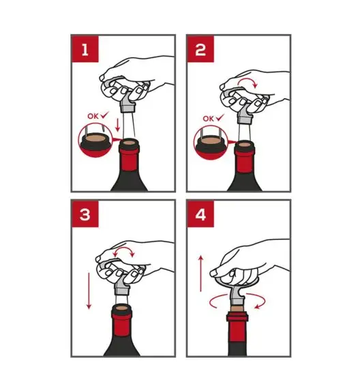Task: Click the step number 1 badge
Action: pos(85,49)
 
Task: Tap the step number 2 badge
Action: pos(200,49)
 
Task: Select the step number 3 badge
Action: pos(85,214)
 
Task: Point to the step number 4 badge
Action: pos(200,214)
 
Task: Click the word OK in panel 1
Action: pos(93,116)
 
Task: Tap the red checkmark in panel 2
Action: pos(220,117)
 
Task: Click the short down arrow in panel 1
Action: pos(117,125)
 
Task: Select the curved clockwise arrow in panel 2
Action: pos(247,83)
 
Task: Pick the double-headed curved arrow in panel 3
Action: pos(124,250)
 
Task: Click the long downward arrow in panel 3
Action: pos(89,291)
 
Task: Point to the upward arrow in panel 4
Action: pos(201,273)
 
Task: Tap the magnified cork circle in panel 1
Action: pos(95,141)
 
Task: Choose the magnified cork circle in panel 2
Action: pos(211,143)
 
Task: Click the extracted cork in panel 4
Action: pos(237,308)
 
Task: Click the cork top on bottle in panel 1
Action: pos(129,143)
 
